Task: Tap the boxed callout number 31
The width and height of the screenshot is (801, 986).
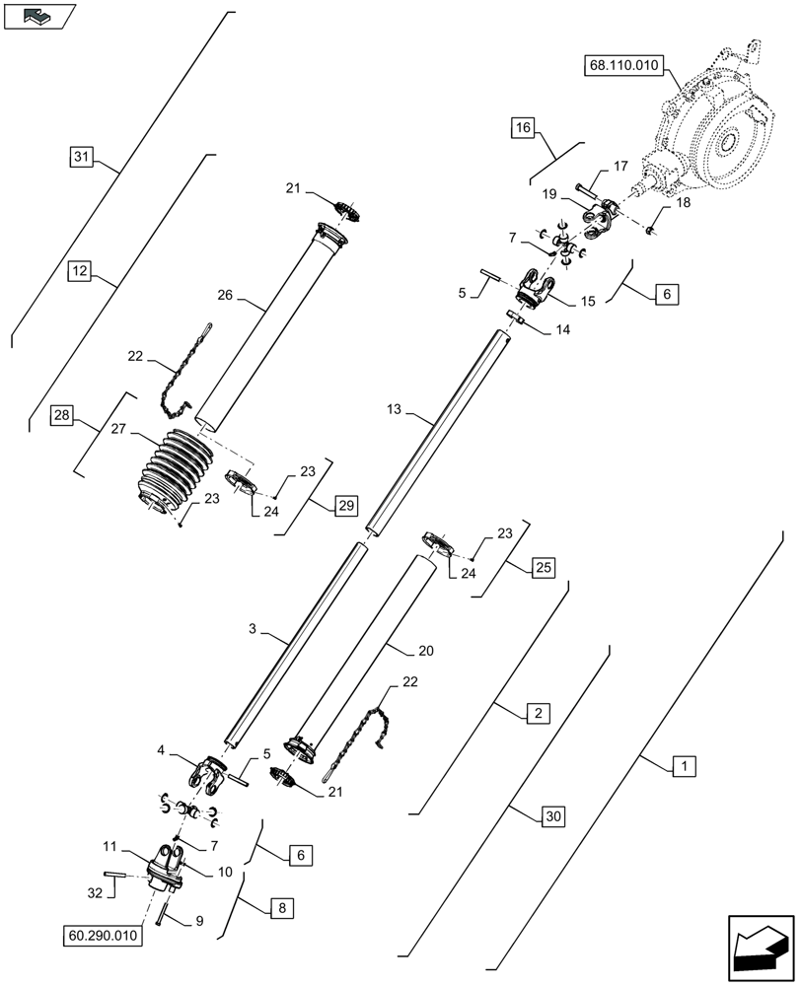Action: coord(83,156)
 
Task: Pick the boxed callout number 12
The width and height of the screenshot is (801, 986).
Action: coord(80,269)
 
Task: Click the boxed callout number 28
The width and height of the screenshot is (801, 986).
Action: coord(63,418)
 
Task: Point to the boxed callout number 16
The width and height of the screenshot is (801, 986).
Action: coord(523,126)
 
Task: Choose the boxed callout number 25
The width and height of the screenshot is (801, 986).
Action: coord(544,567)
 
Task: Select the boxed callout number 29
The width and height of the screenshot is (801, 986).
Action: coord(345,506)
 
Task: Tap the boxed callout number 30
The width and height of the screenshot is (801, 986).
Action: coord(555,815)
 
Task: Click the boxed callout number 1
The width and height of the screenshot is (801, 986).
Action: coord(682,765)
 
